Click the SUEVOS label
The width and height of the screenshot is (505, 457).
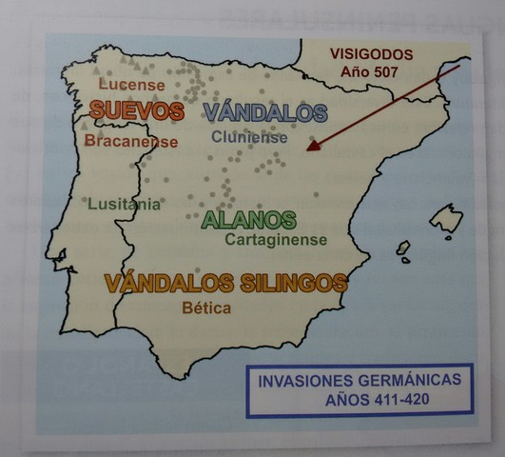pyautogui.click(x=137, y=111)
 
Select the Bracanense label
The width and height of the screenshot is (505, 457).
pyautogui.click(x=131, y=141)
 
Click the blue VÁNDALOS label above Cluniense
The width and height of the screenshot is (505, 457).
pyautogui.click(x=264, y=112)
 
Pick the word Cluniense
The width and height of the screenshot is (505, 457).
pyautogui.click(x=249, y=137)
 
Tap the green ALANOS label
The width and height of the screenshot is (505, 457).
pyautogui.click(x=249, y=220)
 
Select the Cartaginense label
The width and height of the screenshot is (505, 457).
pyautogui.click(x=276, y=240)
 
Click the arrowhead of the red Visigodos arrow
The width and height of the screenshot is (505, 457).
pyautogui.click(x=312, y=149)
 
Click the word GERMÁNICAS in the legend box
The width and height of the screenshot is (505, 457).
pyautogui.click(x=404, y=379)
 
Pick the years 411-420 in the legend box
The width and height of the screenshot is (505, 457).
pyautogui.click(x=396, y=399)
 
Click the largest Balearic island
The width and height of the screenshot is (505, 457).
pyautogui.click(x=445, y=219)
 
